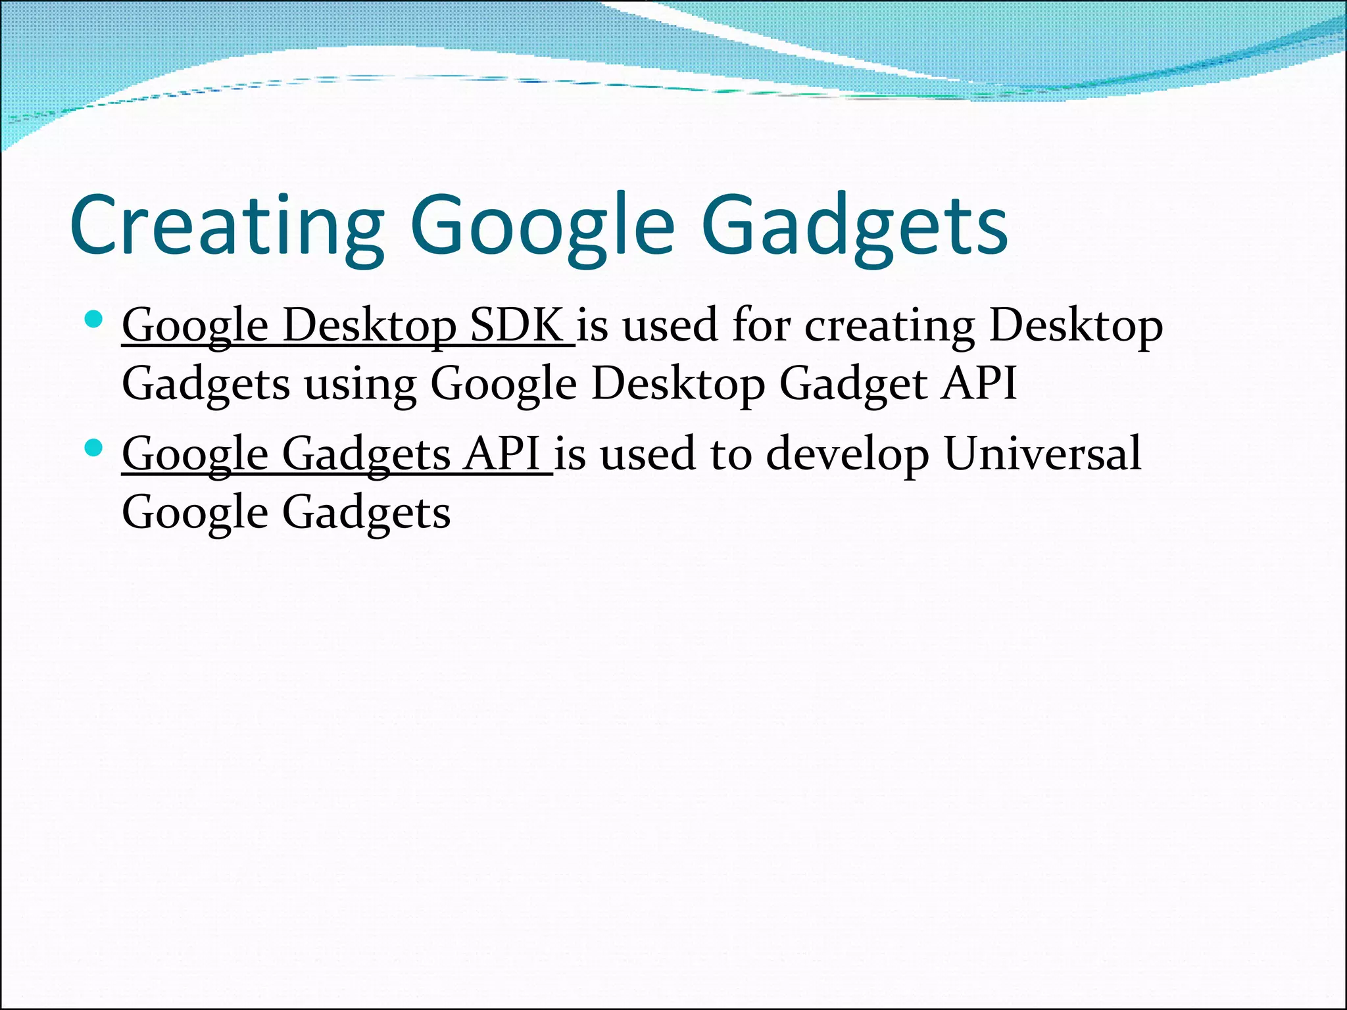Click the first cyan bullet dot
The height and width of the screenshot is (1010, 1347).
point(94,320)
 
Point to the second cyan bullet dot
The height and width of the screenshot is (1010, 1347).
point(94,448)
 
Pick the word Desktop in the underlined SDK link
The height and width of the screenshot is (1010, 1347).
point(370,325)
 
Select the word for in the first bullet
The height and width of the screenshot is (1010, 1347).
point(761,325)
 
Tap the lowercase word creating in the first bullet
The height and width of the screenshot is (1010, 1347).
point(890,325)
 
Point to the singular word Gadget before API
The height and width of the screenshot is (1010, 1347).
point(853,383)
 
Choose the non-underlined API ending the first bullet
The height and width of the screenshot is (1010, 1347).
point(979,383)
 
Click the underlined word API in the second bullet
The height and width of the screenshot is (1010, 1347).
point(501,454)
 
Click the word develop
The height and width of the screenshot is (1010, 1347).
point(848,454)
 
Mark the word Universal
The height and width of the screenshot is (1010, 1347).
point(1042,454)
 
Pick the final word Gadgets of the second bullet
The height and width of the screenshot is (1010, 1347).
point(366,512)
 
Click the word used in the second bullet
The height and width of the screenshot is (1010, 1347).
point(648,454)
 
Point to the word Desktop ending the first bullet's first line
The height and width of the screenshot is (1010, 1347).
point(1076,325)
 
